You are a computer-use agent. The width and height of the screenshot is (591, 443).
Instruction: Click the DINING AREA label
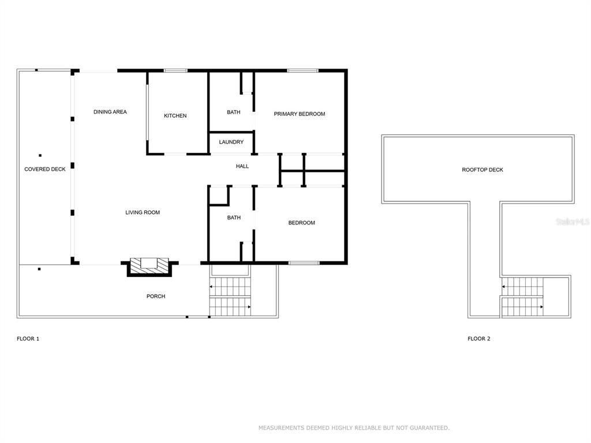coord(110,112)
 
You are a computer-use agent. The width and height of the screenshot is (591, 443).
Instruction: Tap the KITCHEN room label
coord(175,115)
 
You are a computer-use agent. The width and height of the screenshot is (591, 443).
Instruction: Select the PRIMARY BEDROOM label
coord(300,114)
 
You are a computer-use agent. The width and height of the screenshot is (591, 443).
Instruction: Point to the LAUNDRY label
coord(231,142)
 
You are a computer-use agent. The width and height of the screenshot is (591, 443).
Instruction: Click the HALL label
coord(242,166)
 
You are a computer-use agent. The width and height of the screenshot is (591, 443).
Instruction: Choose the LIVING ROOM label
coord(143,212)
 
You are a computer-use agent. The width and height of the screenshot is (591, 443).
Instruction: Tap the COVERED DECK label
coord(45,169)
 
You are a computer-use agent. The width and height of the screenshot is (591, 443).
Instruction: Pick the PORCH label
coord(156,296)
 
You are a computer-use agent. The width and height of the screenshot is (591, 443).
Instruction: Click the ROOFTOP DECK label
coord(482,170)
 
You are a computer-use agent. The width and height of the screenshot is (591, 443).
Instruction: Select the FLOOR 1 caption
coord(28,339)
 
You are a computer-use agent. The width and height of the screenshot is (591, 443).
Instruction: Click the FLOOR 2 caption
coord(479,339)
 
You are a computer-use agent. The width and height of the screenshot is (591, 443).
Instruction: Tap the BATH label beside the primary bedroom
coord(234,112)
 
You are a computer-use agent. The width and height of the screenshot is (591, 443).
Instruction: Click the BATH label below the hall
coord(234,217)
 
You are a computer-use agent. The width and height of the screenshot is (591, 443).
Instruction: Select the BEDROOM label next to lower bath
coord(301,223)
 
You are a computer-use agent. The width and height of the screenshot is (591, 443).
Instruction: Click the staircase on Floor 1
coord(230,297)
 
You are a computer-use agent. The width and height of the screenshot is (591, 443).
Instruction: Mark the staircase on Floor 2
coord(522,297)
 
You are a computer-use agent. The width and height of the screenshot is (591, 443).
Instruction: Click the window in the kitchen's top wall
coord(175,70)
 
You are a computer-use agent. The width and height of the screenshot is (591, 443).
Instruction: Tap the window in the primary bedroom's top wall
coord(302,70)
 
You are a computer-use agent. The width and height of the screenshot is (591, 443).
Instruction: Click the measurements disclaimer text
coord(354,428)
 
